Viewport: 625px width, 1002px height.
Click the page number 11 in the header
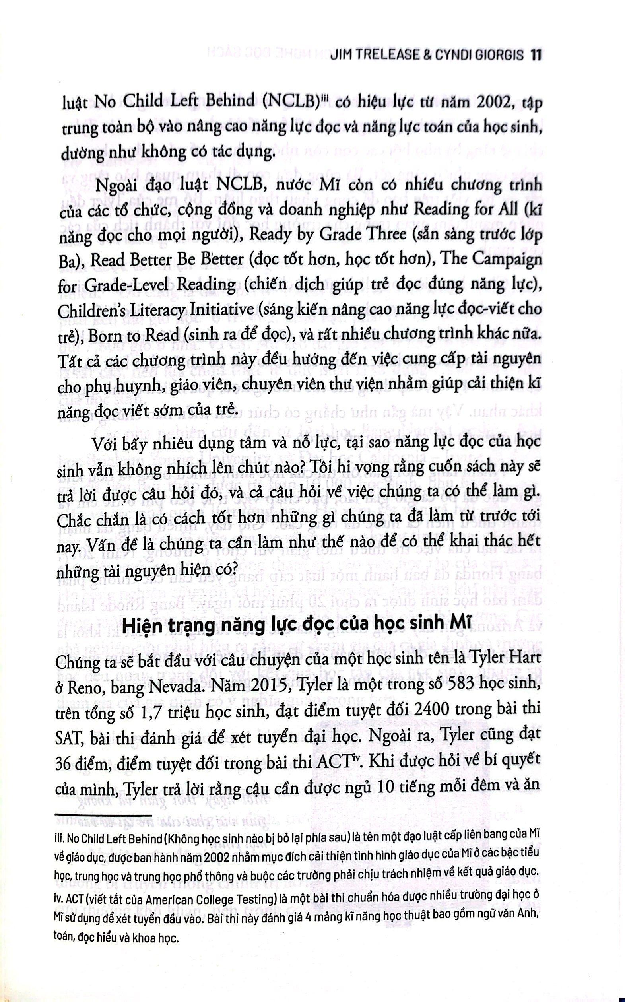(x=535, y=56)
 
